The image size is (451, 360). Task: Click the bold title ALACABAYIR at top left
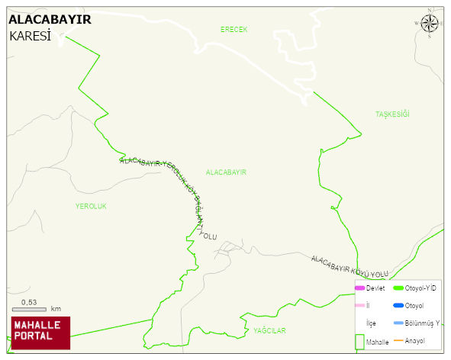(x=50, y=20)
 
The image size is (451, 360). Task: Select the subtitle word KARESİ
(x=30, y=36)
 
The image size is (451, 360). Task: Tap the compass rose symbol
(x=430, y=24)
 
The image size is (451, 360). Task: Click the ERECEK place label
(x=234, y=29)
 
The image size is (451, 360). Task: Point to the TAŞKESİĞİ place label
(x=392, y=114)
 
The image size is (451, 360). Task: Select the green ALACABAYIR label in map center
(x=226, y=172)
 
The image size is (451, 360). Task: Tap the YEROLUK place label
(x=91, y=207)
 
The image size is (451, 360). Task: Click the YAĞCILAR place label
(x=269, y=330)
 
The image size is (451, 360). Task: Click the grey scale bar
(x=29, y=310)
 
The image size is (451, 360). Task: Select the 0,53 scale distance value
(x=29, y=302)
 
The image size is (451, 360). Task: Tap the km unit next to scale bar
(x=56, y=310)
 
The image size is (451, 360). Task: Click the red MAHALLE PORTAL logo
(x=41, y=331)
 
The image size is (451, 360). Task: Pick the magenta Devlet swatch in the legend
(x=359, y=288)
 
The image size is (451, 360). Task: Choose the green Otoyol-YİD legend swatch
(x=398, y=288)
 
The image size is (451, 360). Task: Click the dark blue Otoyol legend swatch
(x=398, y=306)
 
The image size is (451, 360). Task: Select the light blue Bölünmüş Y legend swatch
(x=398, y=323)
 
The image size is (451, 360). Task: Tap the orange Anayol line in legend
(x=398, y=340)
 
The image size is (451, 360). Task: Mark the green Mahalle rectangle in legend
(x=359, y=342)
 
